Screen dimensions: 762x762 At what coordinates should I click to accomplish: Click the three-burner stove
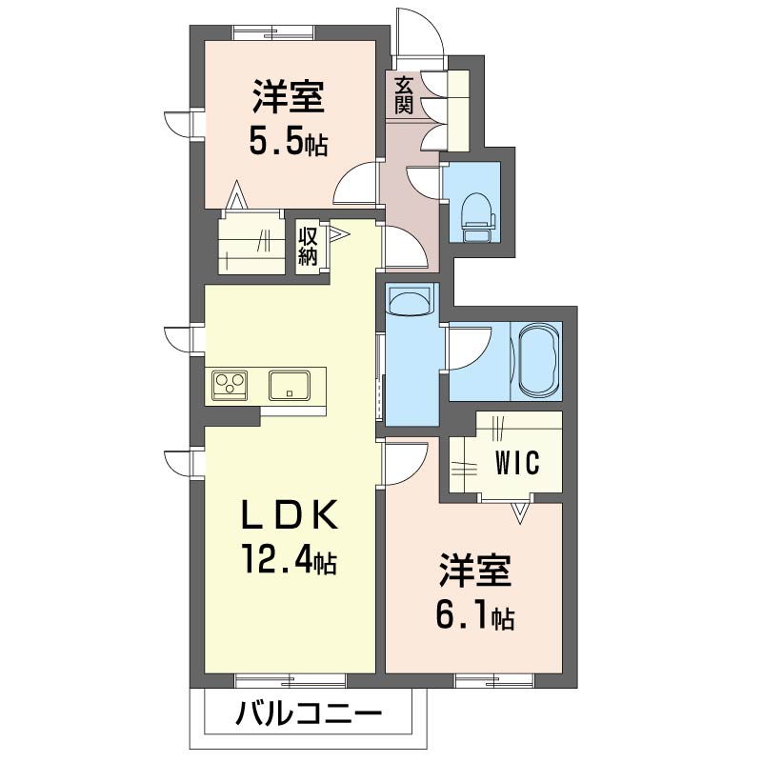pos(230,386)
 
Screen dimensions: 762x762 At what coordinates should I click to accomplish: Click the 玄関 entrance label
pos(403,95)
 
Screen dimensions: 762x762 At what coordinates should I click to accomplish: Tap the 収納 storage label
pos(308,247)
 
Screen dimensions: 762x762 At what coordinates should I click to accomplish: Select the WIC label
pos(517,463)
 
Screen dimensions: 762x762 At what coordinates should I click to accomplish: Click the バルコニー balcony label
pos(309,714)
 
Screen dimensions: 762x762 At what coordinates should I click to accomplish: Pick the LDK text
pos(290,514)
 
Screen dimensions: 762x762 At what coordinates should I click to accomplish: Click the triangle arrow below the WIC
pos(519,513)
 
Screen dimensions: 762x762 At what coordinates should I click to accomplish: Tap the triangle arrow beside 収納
pos(340,233)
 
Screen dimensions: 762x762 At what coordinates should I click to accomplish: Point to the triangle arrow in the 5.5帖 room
pos(236,195)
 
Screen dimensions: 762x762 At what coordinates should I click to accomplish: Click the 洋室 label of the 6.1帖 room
pos(474,571)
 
